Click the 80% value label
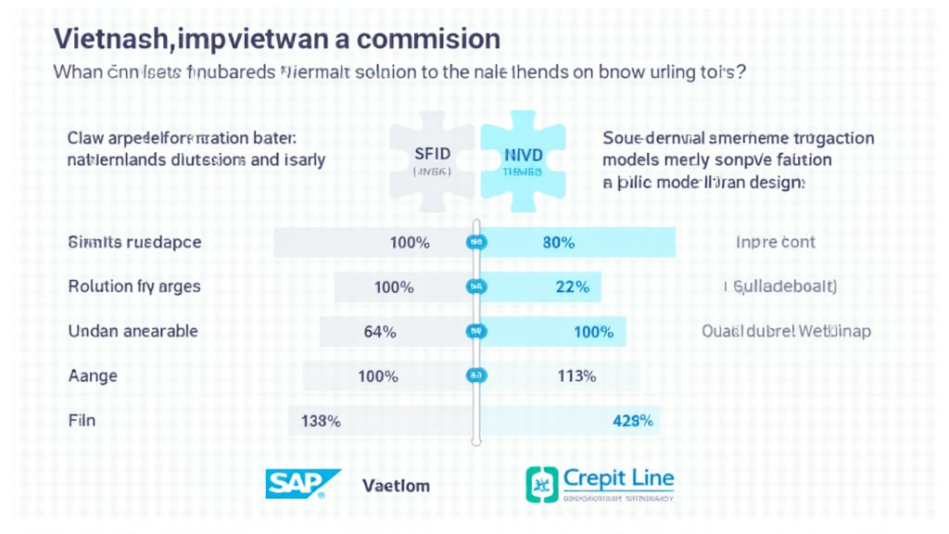point(558,243)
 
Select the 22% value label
point(572,287)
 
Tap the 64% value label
point(380,332)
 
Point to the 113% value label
point(576,376)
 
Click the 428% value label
point(633,421)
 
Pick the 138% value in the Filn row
point(321,421)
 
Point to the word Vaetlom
point(396,485)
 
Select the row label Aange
point(93,376)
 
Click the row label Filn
point(82,421)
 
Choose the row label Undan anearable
point(133,332)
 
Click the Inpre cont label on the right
point(775,243)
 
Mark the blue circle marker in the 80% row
point(476,243)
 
